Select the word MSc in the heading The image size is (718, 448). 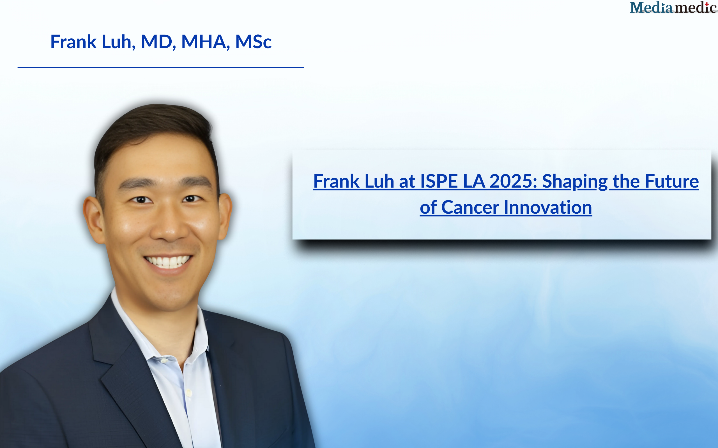253,42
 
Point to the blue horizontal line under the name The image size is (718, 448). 161,67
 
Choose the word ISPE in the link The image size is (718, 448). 439,181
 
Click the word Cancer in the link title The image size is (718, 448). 470,207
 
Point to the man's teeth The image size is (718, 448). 168,262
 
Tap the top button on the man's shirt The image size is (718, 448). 164,361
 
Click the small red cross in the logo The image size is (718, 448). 707,4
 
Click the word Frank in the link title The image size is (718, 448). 337,181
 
